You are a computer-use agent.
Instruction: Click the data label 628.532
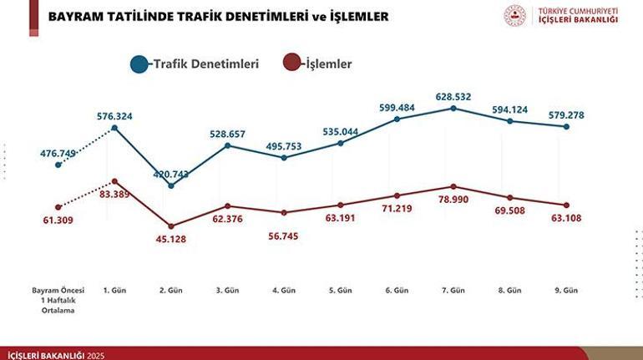[453, 97]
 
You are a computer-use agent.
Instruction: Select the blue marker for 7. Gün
[453, 109]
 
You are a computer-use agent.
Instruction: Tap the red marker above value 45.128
[170, 226]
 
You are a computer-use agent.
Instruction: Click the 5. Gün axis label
[341, 290]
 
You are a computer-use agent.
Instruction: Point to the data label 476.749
[58, 153]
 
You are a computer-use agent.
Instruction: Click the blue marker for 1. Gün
[114, 127]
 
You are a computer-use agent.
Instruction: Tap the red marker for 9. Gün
[566, 205]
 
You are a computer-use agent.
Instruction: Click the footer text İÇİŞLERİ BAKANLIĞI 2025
[55, 355]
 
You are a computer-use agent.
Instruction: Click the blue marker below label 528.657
[227, 146]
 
